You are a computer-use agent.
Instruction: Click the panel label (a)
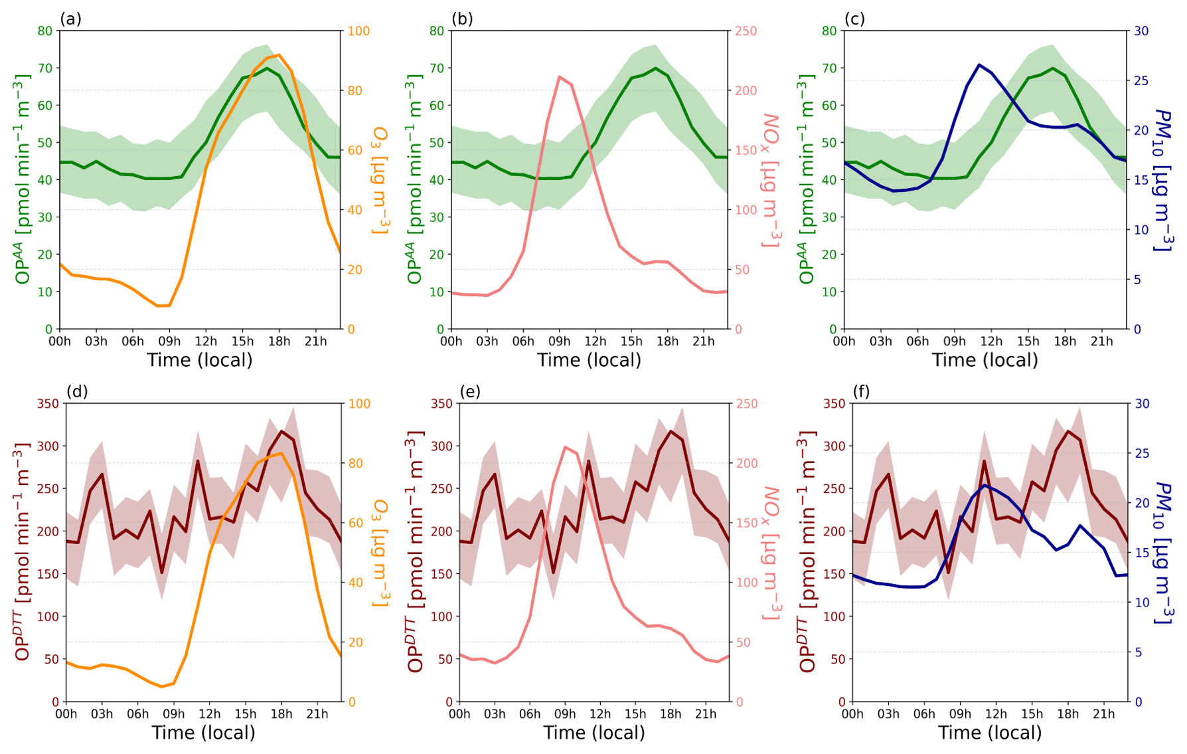click(70, 19)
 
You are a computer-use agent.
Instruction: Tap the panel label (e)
click(470, 391)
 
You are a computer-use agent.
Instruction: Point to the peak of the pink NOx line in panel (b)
click(560, 76)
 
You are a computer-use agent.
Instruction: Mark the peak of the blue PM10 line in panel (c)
click(979, 64)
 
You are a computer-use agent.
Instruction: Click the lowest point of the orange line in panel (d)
click(161, 686)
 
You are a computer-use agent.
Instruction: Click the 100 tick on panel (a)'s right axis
click(359, 31)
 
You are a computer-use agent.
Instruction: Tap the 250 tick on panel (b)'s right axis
click(746, 31)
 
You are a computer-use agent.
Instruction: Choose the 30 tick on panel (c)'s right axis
click(1141, 31)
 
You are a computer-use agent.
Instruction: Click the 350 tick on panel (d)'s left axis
click(48, 403)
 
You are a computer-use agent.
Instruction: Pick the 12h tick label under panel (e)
click(600, 714)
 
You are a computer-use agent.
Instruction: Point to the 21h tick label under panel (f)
click(1104, 714)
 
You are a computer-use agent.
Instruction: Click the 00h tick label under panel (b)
click(451, 341)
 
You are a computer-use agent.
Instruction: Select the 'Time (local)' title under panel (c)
click(985, 360)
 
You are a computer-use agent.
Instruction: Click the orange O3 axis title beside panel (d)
click(380, 553)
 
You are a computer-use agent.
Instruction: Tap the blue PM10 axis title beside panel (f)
click(1164, 553)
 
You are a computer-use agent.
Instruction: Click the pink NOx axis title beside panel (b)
click(770, 181)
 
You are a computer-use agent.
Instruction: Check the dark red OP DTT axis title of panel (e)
click(415, 553)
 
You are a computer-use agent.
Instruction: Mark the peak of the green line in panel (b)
click(655, 68)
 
